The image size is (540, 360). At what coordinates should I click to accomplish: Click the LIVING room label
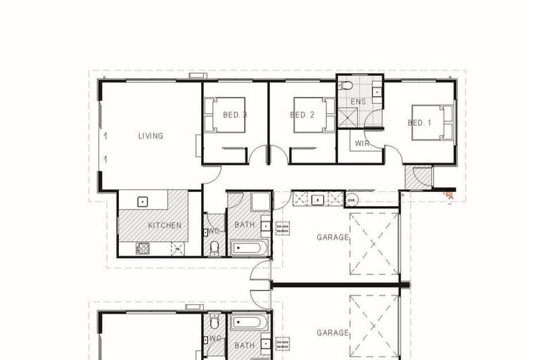pyautogui.click(x=150, y=136)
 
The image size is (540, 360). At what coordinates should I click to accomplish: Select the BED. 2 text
pyautogui.click(x=302, y=115)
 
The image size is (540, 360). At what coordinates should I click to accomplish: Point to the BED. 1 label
pyautogui.click(x=420, y=122)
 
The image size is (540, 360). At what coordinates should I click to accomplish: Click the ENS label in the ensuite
pyautogui.click(x=359, y=101)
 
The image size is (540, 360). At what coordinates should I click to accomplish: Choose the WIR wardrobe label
pyautogui.click(x=362, y=143)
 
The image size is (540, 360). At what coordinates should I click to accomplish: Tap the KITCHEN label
pyautogui.click(x=165, y=226)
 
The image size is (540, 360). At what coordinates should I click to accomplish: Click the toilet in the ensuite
pyautogui.click(x=346, y=86)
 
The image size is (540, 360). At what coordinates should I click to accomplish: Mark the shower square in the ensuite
pyautogui.click(x=348, y=117)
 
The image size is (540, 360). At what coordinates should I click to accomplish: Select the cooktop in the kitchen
pyautogui.click(x=143, y=247)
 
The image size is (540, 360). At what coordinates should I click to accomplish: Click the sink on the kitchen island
pyautogui.click(x=143, y=201)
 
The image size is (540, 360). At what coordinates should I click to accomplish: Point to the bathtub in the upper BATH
pyautogui.click(x=249, y=248)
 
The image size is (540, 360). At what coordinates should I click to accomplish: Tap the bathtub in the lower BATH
pyautogui.click(x=249, y=323)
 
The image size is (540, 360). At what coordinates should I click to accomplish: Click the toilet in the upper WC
pyautogui.click(x=214, y=247)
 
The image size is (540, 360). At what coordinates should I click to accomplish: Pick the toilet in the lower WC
pyautogui.click(x=214, y=322)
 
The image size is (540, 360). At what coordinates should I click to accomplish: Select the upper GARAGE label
pyautogui.click(x=333, y=238)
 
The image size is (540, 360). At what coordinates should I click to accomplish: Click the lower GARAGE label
pyautogui.click(x=333, y=333)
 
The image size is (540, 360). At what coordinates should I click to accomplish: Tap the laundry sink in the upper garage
pyautogui.click(x=318, y=200)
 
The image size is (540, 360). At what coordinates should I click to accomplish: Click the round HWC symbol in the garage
pyautogui.click(x=352, y=200)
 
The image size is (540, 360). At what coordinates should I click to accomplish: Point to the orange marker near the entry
pyautogui.click(x=447, y=192)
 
